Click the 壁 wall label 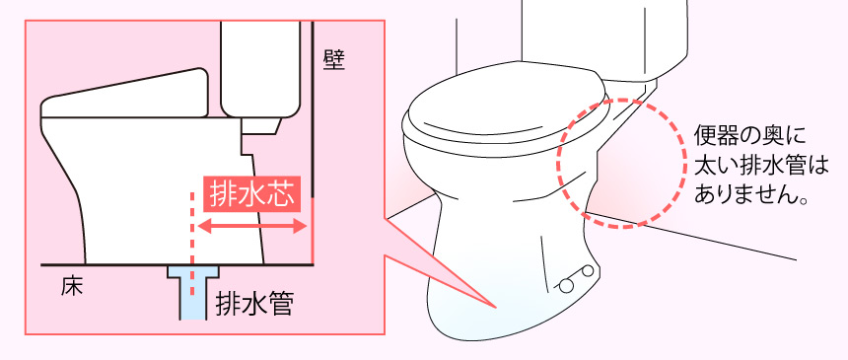[334, 60]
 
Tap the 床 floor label [71, 287]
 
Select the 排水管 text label [254, 304]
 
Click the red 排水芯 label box [251, 193]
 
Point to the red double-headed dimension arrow [252, 227]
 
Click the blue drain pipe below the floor [193, 291]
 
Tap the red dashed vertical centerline [191, 243]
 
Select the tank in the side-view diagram [260, 69]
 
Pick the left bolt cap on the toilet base [566, 286]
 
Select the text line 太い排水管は [761, 166]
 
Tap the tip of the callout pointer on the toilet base [496, 308]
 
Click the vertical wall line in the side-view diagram [314, 143]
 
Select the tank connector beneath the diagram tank [260, 125]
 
